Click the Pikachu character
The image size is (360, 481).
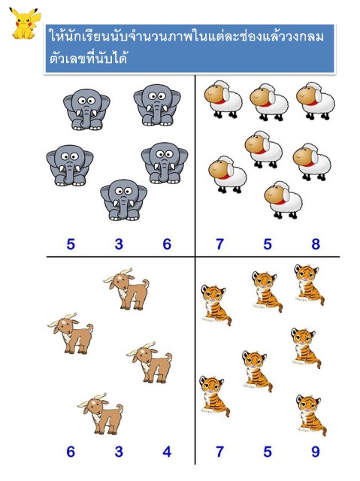24,24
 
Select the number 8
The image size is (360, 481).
316,244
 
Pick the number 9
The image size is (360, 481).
316,452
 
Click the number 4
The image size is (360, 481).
167,452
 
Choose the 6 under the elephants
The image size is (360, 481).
167,244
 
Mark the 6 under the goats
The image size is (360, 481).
71,452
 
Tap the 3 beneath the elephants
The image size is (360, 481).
119,244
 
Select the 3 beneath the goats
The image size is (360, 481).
119,452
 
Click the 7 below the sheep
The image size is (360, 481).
219,244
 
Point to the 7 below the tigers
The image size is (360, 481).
219,452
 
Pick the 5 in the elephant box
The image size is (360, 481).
71,244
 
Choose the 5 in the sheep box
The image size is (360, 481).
268,244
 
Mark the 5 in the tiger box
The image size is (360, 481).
268,452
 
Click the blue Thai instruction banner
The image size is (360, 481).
190,48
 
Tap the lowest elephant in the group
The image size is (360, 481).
123,200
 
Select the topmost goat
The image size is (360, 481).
127,289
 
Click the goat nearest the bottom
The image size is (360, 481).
101,414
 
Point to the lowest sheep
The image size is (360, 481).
283,200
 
